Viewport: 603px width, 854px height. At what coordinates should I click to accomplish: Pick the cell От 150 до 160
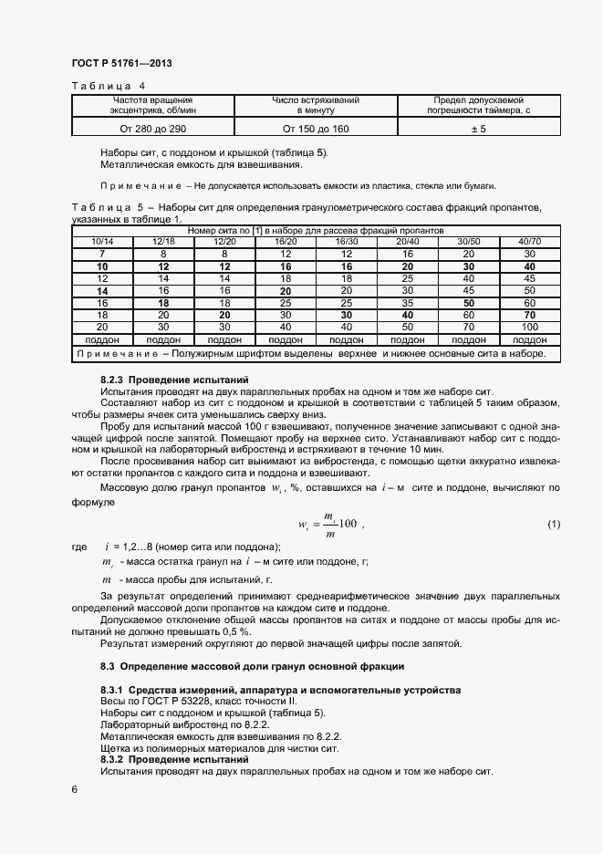[316, 130]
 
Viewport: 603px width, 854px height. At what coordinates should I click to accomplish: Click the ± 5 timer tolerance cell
[478, 130]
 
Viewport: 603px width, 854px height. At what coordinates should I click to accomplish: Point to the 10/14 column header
[102, 242]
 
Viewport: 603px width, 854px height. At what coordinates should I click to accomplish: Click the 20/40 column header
[408, 242]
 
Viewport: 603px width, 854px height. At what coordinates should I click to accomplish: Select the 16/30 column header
[347, 242]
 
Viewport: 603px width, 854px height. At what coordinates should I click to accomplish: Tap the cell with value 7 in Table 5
[102, 254]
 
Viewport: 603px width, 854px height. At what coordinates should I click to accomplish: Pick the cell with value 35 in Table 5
[408, 302]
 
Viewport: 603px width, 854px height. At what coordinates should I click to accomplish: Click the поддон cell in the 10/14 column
[102, 338]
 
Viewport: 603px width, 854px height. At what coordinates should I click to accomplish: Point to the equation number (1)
[553, 523]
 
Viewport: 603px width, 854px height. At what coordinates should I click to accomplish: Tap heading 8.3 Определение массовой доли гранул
[252, 666]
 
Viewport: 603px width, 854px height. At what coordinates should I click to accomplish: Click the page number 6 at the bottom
[75, 787]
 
